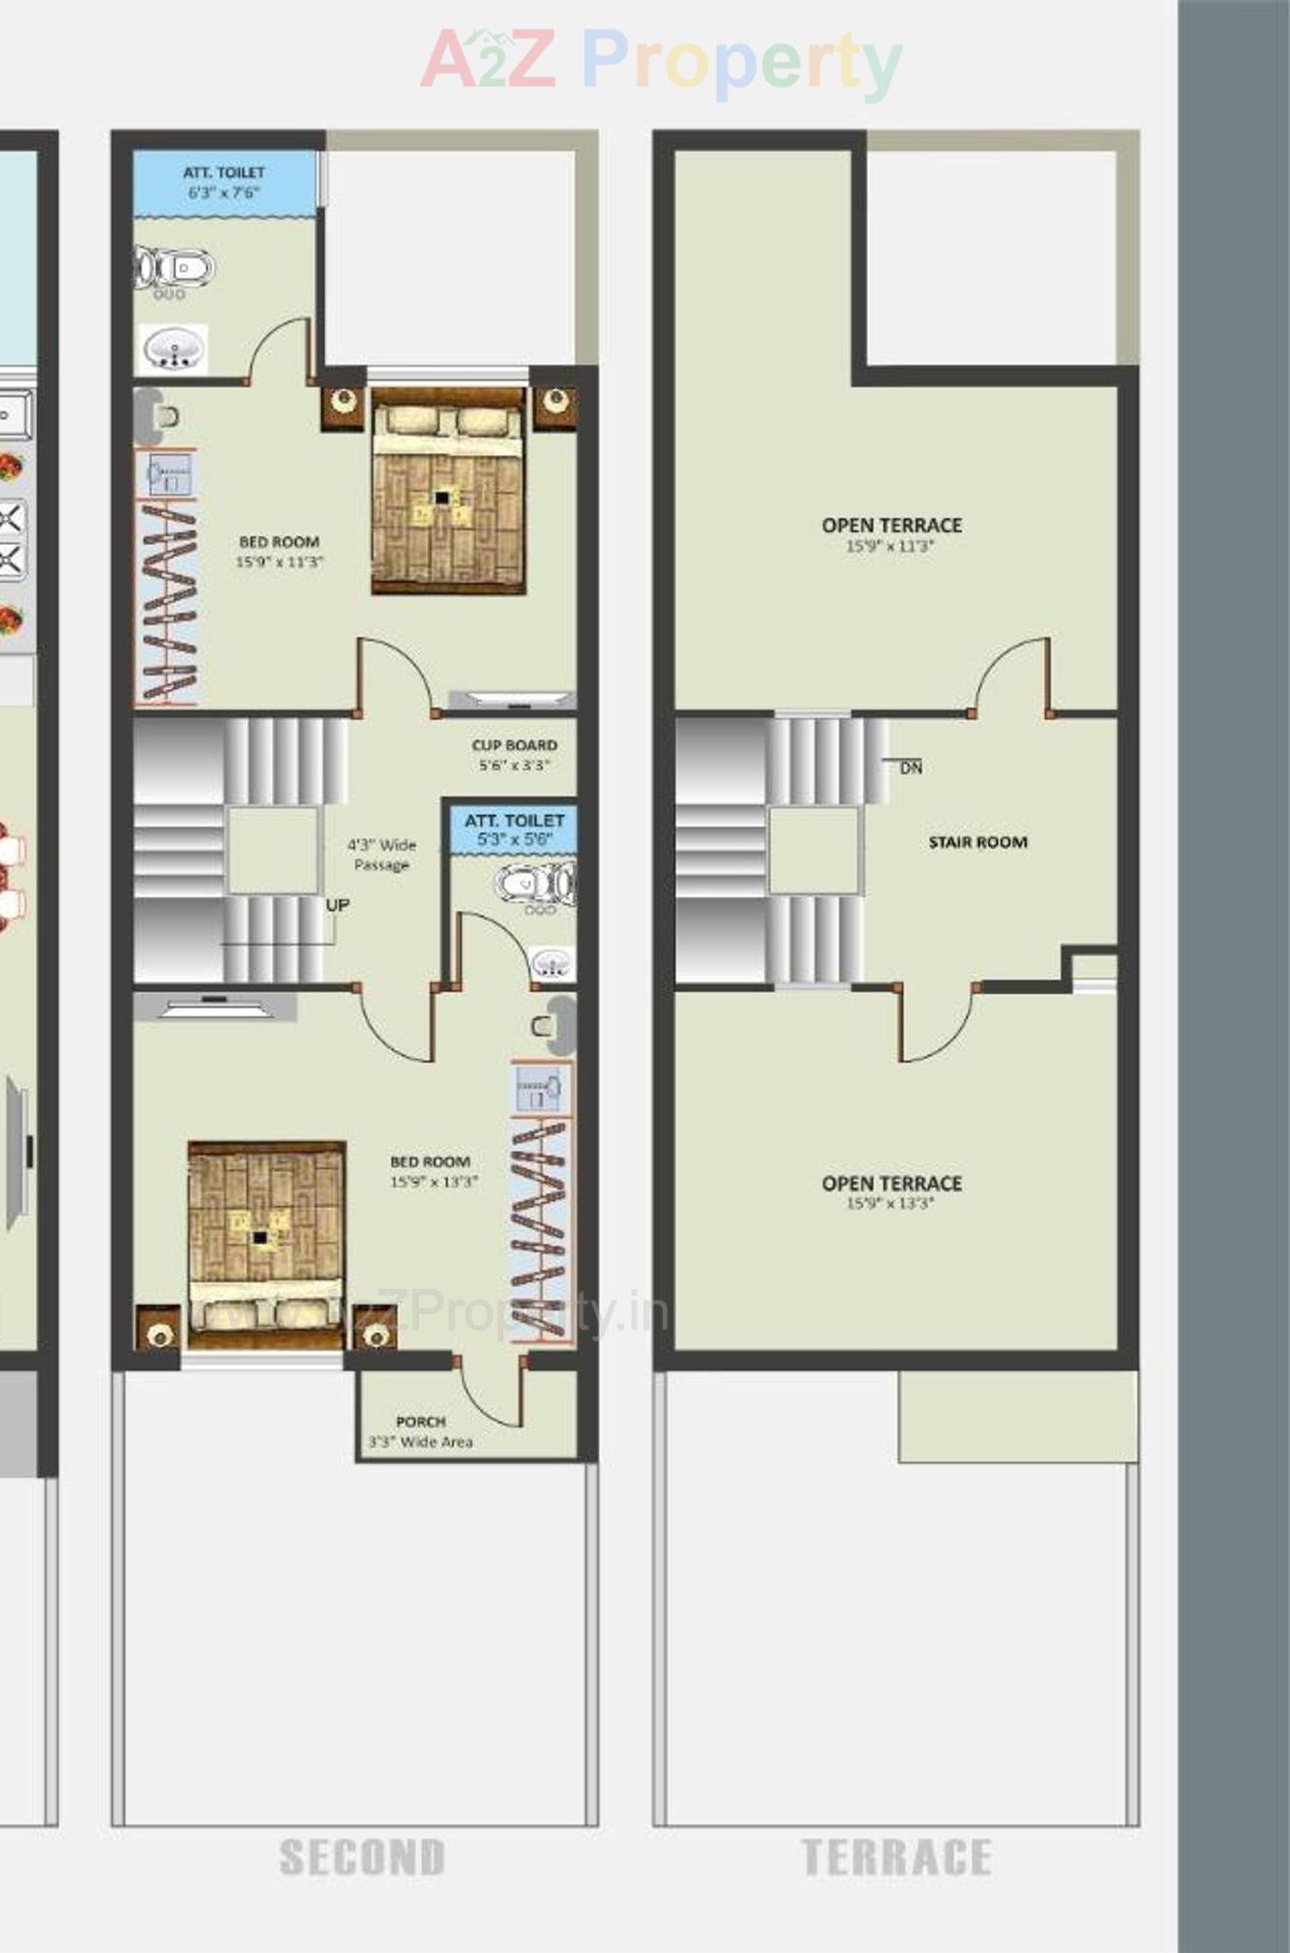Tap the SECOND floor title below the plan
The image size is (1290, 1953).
point(362,1857)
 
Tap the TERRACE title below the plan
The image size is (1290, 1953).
point(896,1857)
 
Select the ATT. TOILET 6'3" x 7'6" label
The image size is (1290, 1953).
point(224,182)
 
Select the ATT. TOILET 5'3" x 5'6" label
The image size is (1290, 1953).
point(514,830)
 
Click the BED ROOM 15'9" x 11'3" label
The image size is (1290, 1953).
point(280,552)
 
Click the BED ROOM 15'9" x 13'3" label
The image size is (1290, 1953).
point(433,1171)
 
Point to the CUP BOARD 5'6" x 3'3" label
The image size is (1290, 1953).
point(514,755)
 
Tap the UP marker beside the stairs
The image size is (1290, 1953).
point(338,905)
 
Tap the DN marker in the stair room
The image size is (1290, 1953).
point(911,767)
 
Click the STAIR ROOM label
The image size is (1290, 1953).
point(977,842)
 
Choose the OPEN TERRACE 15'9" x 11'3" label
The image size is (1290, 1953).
point(891,534)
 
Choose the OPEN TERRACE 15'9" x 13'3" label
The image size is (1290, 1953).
point(891,1192)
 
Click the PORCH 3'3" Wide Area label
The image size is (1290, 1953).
point(421,1431)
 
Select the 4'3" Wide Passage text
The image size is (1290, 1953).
point(381,855)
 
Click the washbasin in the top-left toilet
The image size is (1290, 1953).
point(174,349)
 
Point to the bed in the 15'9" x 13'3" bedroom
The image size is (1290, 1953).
point(266,1244)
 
